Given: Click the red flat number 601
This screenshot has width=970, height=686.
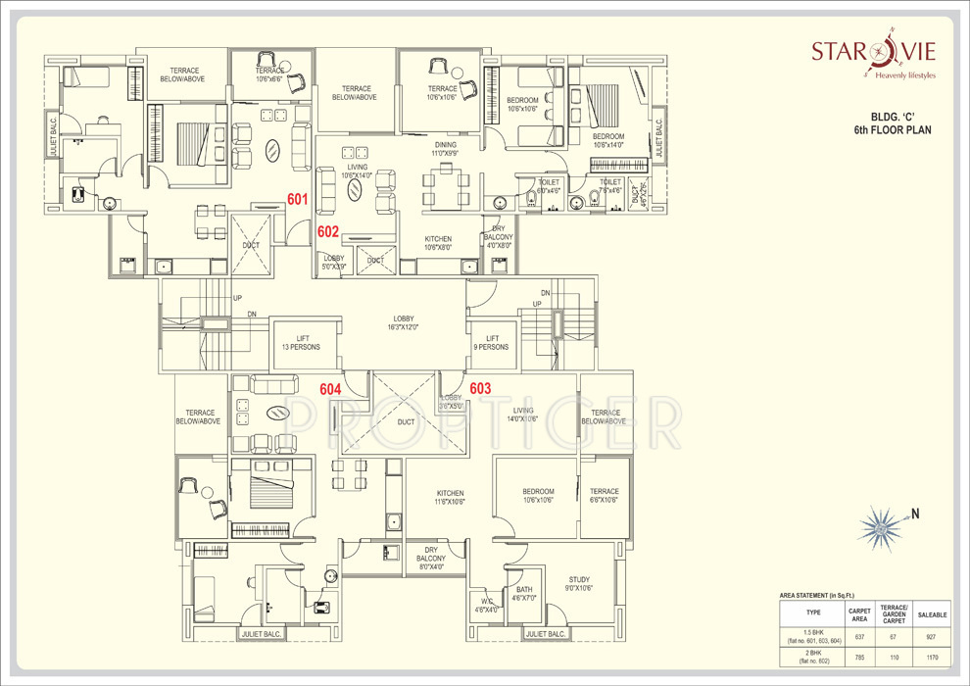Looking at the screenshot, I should (x=298, y=200).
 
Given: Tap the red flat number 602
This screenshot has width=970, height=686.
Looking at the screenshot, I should (x=328, y=232).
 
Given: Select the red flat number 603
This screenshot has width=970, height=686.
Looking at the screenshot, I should (x=480, y=389).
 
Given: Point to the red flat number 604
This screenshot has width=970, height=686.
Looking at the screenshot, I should (x=331, y=389).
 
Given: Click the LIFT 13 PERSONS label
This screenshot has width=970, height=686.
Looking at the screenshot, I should (x=303, y=342).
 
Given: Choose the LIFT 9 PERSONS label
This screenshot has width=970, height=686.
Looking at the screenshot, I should (x=491, y=342).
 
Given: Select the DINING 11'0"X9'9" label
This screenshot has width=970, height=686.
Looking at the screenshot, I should (x=446, y=149).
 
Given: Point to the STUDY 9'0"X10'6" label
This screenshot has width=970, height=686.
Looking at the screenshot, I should (x=579, y=584).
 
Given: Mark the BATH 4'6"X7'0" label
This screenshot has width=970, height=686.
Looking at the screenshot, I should (x=525, y=594).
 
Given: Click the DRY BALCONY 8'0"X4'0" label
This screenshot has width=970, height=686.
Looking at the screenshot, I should (x=432, y=559).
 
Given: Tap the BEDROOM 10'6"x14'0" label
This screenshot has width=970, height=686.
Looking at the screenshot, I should (x=608, y=141).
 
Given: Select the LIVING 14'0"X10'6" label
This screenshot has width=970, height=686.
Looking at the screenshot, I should (x=523, y=415).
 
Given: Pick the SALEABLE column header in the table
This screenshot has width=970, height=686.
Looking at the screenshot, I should (x=932, y=615).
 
